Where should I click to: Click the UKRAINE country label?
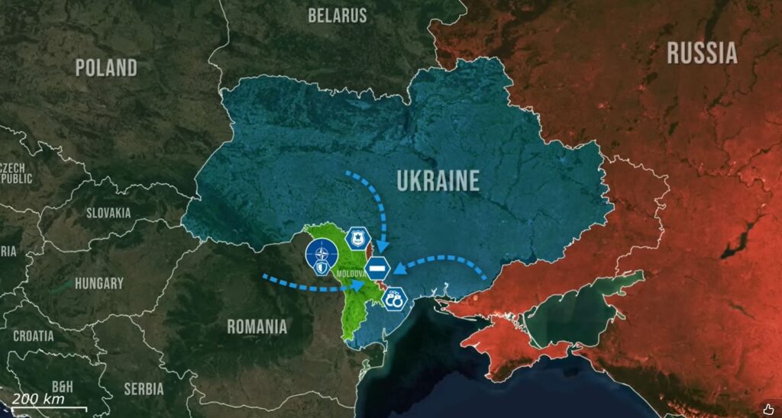click(x=438, y=181)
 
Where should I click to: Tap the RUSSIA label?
click(x=702, y=53)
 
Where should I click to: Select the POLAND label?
click(x=106, y=67)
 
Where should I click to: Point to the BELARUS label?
click(x=338, y=15)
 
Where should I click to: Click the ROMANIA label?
click(x=257, y=326)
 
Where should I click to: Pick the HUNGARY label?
click(x=99, y=283)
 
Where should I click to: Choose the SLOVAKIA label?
click(x=108, y=213)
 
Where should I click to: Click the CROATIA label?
click(x=34, y=335)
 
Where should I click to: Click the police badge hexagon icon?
click(x=356, y=238)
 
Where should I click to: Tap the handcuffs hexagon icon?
click(x=395, y=300)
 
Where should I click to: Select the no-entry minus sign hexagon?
click(x=378, y=268)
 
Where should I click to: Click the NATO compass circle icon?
click(x=320, y=255)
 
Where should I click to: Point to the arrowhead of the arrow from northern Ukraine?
click(x=383, y=246)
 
